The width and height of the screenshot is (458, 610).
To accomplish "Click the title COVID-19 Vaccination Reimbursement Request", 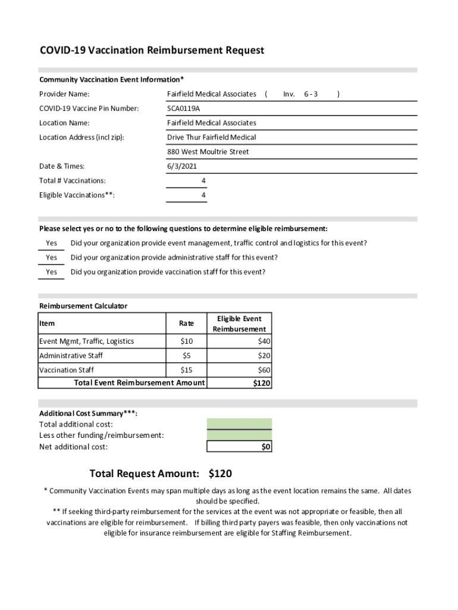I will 152,51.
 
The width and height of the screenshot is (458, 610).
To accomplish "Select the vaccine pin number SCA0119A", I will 183,108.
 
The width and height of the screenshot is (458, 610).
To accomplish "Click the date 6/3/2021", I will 182,166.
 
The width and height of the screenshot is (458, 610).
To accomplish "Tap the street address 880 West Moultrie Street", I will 208,152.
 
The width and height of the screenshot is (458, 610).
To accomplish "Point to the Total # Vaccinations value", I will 203,180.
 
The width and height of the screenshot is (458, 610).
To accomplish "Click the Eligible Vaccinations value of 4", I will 203,195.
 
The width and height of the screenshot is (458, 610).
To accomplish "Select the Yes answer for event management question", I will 52,243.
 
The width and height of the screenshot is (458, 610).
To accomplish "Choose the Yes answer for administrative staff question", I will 52,257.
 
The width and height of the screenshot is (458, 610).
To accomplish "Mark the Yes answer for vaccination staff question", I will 52,272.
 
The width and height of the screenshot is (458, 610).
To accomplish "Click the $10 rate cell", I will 186,341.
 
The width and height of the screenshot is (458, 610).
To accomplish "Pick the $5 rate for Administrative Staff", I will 186,356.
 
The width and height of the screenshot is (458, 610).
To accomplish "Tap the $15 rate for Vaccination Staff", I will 186,370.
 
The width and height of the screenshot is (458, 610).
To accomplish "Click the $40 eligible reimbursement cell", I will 263,341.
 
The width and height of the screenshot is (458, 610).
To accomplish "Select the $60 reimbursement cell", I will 263,370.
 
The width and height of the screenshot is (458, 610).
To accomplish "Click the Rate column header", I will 186,323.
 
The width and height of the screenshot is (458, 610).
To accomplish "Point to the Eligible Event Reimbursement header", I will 239,323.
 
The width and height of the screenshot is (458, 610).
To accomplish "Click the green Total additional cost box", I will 239,424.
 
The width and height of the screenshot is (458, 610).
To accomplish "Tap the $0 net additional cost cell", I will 266,447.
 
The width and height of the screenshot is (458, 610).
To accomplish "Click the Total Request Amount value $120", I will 220,474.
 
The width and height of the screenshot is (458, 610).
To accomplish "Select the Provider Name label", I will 64,94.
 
